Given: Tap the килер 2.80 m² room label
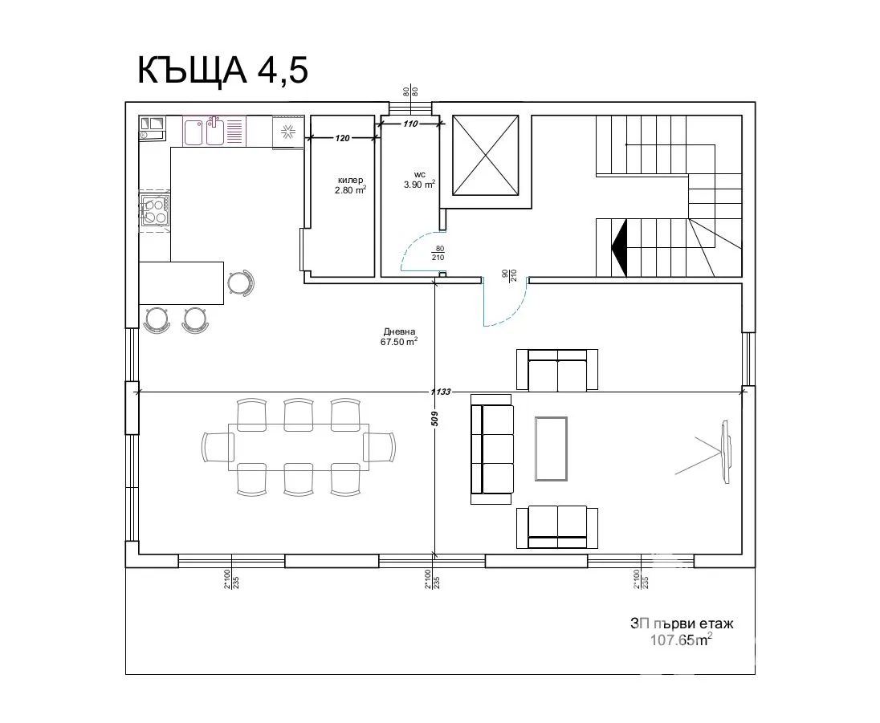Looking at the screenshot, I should [x=351, y=185].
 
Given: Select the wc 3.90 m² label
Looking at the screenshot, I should [x=419, y=179].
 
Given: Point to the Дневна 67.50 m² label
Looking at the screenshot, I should [x=398, y=336].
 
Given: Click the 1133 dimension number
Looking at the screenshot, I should [x=440, y=392].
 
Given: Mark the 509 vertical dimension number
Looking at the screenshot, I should [x=434, y=418].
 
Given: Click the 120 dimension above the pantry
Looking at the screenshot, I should [x=342, y=138].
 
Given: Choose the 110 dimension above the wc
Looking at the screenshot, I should [x=410, y=124].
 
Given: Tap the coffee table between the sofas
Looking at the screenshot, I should [x=551, y=449].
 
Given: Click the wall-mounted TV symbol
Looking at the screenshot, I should [x=725, y=453].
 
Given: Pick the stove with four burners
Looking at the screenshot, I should [x=154, y=210].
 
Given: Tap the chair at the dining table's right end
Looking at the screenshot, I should [x=380, y=446].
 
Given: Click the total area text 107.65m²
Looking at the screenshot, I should [x=681, y=640].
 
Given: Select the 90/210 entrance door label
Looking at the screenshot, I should [x=507, y=275].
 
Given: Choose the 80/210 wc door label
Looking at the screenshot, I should [x=438, y=254].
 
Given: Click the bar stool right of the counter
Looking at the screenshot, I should [x=239, y=282].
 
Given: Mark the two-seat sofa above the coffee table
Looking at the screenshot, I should [x=556, y=369].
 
